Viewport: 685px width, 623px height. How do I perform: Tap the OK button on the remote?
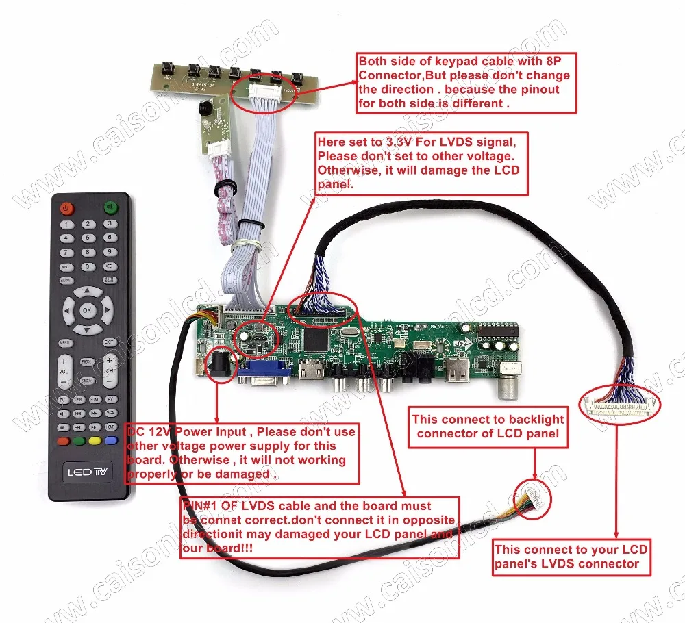[x=87, y=309]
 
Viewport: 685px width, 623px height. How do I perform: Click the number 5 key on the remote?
[x=87, y=238]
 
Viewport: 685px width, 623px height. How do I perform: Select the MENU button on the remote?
[x=65, y=342]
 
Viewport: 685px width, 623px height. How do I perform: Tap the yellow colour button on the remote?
[x=95, y=442]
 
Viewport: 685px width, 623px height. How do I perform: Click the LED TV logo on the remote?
[x=87, y=472]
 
